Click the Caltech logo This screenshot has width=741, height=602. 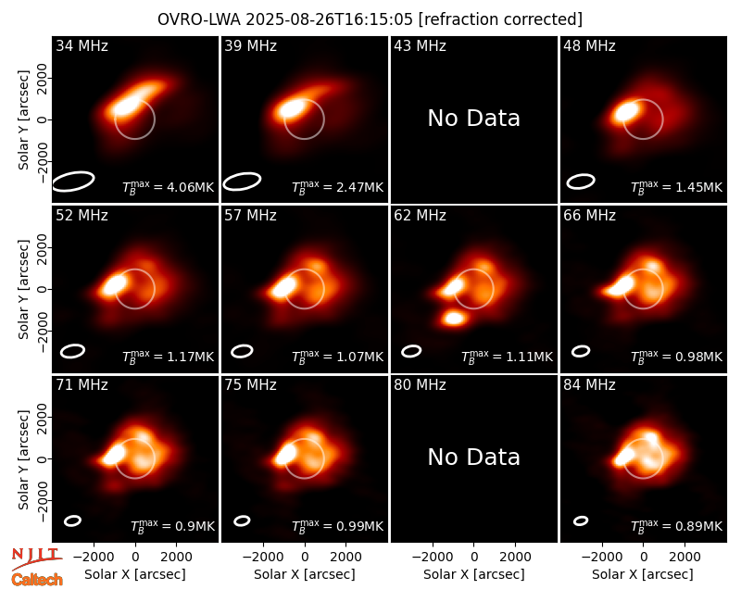[x=37, y=580]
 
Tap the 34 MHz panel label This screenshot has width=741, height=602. [x=82, y=45]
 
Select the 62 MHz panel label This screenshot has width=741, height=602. [x=420, y=216]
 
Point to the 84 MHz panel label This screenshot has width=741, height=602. [x=589, y=385]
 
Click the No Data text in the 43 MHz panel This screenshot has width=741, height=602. [x=473, y=119]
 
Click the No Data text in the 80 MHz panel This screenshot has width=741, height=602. [x=473, y=458]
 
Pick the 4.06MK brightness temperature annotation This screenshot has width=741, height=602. [x=169, y=187]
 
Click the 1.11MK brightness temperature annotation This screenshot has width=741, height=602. [x=507, y=357]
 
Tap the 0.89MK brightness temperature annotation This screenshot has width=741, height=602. [x=676, y=526]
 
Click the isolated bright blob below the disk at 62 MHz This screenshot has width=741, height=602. [x=454, y=318]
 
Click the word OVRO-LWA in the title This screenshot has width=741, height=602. [x=199, y=19]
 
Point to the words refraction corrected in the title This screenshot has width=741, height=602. [x=500, y=19]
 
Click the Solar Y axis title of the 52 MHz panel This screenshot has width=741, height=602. [x=23, y=289]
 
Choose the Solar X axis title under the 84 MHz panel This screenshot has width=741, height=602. [x=643, y=574]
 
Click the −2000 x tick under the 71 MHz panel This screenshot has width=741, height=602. [x=94, y=557]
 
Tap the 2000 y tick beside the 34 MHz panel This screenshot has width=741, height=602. [x=42, y=78]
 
